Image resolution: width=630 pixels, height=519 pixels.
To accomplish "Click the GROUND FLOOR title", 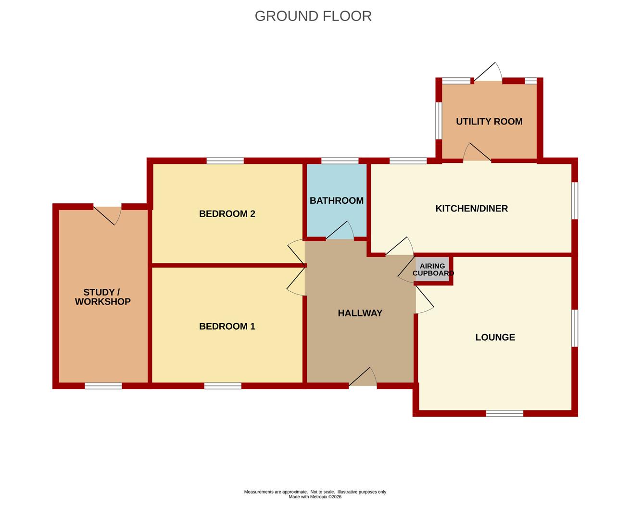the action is pyautogui.click(x=313, y=16).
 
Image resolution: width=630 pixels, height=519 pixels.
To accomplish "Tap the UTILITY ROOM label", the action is pyautogui.click(x=489, y=122).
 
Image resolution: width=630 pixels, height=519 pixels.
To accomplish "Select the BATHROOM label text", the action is pyautogui.click(x=337, y=200).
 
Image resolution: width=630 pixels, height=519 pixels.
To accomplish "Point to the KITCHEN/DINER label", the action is pyautogui.click(x=472, y=209).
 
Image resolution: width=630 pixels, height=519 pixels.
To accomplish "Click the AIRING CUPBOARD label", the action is pyautogui.click(x=433, y=270).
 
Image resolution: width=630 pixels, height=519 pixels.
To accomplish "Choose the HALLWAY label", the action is pyautogui.click(x=360, y=313).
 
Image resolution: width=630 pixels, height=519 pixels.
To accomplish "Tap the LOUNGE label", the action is pyautogui.click(x=495, y=337).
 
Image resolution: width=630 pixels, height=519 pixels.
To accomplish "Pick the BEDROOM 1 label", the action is pyautogui.click(x=227, y=326).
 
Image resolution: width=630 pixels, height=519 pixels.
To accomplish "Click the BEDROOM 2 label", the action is pyautogui.click(x=227, y=214).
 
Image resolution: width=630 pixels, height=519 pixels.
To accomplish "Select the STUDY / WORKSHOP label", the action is pyautogui.click(x=102, y=297).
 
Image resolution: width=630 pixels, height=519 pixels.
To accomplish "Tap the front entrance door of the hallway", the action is pyautogui.click(x=363, y=377).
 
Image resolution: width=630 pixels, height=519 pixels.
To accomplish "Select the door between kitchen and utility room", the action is pyautogui.click(x=477, y=152).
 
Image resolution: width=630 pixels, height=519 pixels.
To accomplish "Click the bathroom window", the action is pyautogui.click(x=340, y=161).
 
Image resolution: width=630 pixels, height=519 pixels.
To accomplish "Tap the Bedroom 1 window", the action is pyautogui.click(x=223, y=386).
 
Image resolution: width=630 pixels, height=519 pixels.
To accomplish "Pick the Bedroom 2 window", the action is pyautogui.click(x=225, y=161).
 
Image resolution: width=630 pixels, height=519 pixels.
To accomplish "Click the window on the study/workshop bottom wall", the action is pyautogui.click(x=103, y=386).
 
